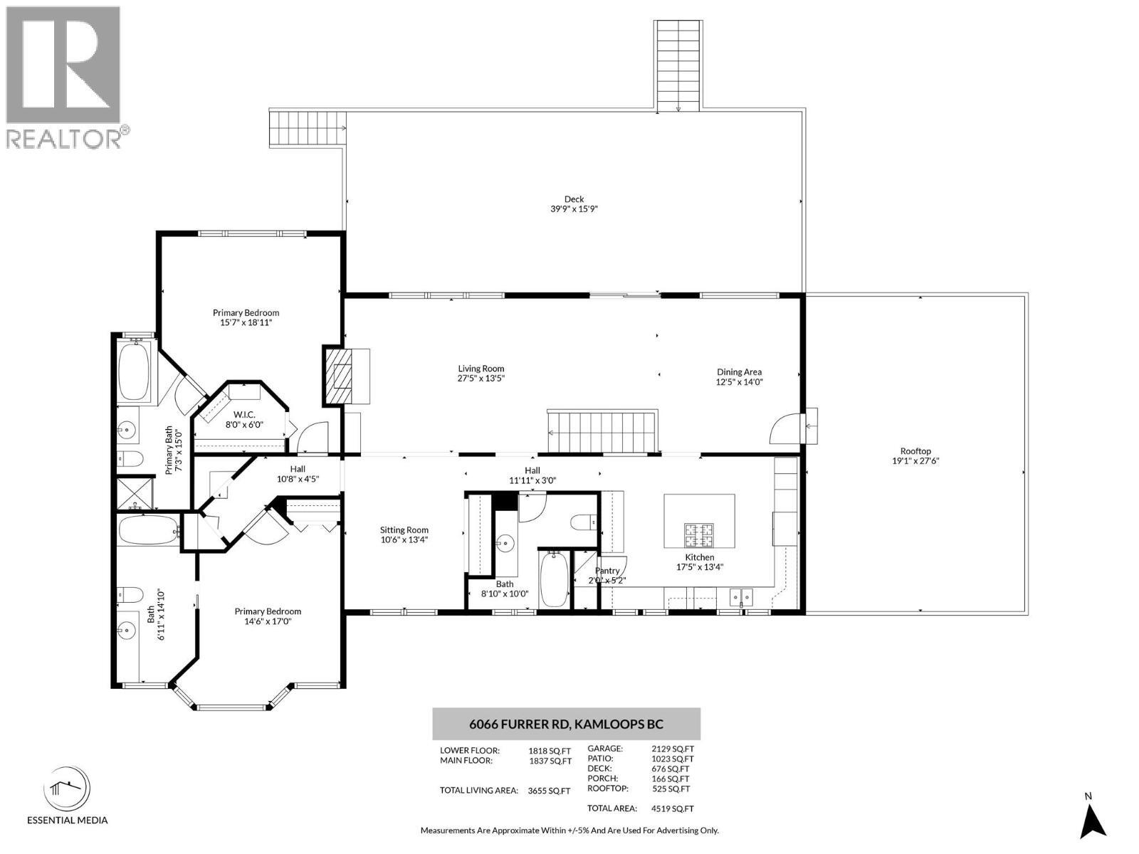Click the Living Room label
click(x=481, y=369)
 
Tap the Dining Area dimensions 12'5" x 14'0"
click(x=739, y=382)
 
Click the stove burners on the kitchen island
click(x=699, y=532)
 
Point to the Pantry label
click(x=607, y=571)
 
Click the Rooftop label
click(x=915, y=451)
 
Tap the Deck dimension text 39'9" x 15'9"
click(x=574, y=209)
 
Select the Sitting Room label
click(x=404, y=529)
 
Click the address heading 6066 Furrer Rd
click(x=566, y=724)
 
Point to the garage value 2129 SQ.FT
click(x=672, y=749)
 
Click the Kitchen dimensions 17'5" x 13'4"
click(x=699, y=567)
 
